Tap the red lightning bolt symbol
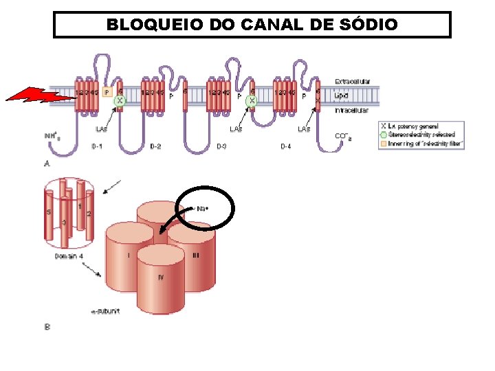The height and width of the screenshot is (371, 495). (41, 96)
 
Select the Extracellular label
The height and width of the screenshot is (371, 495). (353, 81)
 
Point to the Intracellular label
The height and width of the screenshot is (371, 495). (351, 110)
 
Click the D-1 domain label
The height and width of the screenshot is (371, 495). (97, 146)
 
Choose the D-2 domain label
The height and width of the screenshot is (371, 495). (155, 146)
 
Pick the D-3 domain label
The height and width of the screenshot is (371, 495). (222, 146)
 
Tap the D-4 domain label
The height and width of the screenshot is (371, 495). (287, 146)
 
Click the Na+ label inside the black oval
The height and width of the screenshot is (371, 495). (203, 207)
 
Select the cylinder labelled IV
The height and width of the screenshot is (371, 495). (161, 282)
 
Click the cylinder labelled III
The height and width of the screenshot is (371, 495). (194, 254)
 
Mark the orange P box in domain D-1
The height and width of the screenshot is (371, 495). (107, 91)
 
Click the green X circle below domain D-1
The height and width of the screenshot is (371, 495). (120, 100)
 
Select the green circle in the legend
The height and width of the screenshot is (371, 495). (383, 135)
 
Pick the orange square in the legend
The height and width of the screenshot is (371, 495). (383, 144)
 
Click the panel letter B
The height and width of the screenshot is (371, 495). (47, 327)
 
